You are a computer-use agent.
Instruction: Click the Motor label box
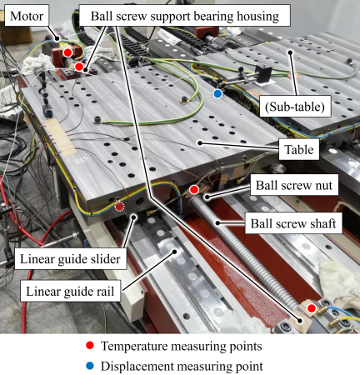pyautogui.click(x=27, y=16)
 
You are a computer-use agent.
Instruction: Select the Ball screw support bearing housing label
pyautogui.click(x=185, y=16)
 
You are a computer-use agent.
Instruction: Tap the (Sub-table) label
pyautogui.click(x=295, y=107)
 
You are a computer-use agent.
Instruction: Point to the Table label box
pyautogui.click(x=299, y=149)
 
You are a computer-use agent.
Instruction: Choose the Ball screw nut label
pyautogui.click(x=294, y=185)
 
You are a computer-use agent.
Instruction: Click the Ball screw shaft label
pyautogui.click(x=293, y=223)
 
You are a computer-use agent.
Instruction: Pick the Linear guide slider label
pyautogui.click(x=71, y=259)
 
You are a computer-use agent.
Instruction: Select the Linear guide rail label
pyautogui.click(x=70, y=291)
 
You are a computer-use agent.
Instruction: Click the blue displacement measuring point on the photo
pyautogui.click(x=217, y=93)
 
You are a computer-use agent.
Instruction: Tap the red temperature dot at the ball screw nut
pyautogui.click(x=193, y=190)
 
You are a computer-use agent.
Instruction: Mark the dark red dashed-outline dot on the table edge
pyautogui.click(x=119, y=207)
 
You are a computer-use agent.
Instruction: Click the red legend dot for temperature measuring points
pyautogui.click(x=90, y=346)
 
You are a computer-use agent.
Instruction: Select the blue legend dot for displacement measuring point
pyautogui.click(x=90, y=366)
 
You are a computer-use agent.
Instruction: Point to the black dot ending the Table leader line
pyautogui.click(x=200, y=143)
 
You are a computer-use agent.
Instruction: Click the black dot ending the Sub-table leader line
pyautogui.click(x=290, y=52)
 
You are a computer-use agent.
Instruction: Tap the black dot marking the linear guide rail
pyautogui.click(x=175, y=252)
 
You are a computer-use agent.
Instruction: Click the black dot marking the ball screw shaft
pyautogui.click(x=218, y=222)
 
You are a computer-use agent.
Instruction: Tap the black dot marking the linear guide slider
pyautogui.click(x=134, y=217)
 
